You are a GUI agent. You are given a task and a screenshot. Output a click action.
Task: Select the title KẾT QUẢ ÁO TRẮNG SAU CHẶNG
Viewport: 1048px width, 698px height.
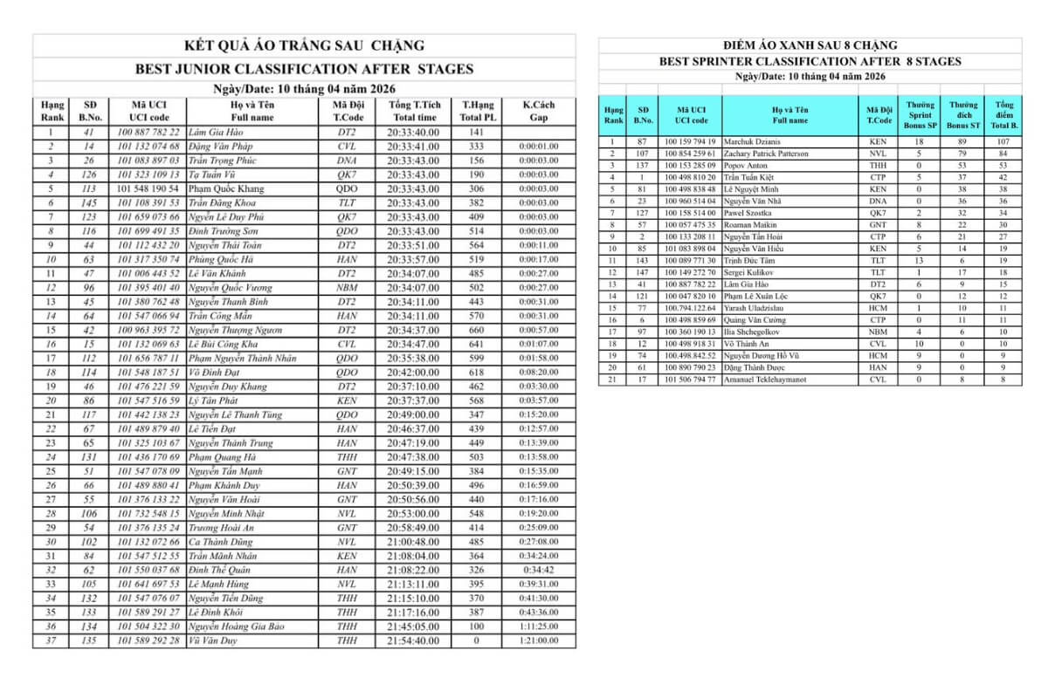304,45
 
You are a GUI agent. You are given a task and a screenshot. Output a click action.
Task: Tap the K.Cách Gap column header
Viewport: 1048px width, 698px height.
539,111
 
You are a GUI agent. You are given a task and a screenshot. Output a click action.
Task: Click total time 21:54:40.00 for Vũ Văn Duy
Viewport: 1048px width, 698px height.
413,640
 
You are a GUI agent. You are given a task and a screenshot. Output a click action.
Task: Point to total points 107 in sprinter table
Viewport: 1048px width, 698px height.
1003,141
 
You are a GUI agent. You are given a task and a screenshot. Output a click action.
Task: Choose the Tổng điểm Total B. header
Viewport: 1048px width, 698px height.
1003,115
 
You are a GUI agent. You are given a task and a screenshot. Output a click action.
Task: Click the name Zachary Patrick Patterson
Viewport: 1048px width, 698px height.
766,154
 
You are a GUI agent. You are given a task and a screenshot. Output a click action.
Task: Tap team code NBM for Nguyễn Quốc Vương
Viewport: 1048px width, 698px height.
347,287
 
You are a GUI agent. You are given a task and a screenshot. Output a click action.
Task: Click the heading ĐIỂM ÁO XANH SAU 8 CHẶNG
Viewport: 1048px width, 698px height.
810,45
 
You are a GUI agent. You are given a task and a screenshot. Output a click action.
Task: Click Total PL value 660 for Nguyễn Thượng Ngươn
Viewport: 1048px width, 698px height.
476,330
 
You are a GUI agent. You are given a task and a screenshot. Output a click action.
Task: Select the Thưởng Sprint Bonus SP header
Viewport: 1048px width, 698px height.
919,115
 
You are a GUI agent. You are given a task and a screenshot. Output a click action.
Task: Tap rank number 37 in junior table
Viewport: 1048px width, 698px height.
52,640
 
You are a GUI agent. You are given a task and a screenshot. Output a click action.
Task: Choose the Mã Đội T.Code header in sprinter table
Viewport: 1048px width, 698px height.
879,115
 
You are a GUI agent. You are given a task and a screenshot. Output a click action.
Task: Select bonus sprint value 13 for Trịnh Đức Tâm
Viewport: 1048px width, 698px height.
919,260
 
